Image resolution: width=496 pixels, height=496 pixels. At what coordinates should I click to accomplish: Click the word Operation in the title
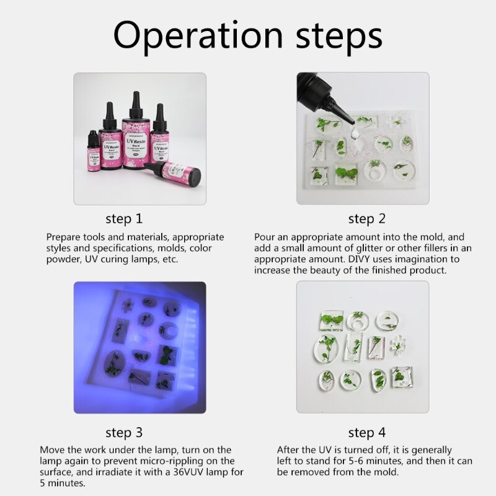click(198, 35)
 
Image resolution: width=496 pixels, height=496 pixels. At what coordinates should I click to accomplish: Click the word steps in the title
click(339, 37)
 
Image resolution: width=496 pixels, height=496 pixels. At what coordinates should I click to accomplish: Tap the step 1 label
click(124, 219)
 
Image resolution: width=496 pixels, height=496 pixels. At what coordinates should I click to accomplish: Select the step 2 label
click(367, 219)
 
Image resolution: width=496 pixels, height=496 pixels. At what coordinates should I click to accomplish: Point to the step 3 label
click(124, 432)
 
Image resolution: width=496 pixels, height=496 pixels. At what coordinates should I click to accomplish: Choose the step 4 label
click(367, 432)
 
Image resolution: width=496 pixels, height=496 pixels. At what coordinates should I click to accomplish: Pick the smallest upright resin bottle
click(94, 151)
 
